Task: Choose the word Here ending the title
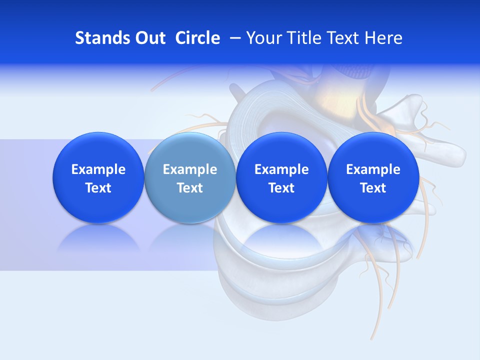[384, 38]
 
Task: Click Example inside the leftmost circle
[98, 169]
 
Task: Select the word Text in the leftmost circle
[98, 188]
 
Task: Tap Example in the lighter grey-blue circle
[190, 169]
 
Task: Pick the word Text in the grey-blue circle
[190, 188]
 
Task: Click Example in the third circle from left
[281, 169]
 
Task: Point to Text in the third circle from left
[281, 188]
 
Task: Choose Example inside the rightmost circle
[373, 169]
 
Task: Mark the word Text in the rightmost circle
[373, 188]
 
